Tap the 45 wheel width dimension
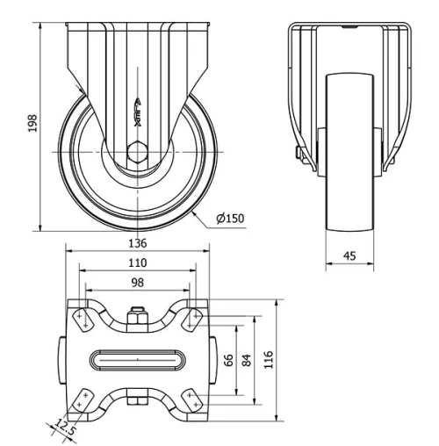point(350,257)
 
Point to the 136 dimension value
point(137,243)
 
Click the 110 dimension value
point(137,263)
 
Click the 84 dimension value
point(248,361)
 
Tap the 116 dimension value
point(270,361)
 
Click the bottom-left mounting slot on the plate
point(83,399)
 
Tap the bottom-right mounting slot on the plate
point(191,399)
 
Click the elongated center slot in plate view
point(137,359)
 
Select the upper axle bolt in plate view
point(137,316)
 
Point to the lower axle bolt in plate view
point(137,403)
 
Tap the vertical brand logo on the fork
point(137,112)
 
